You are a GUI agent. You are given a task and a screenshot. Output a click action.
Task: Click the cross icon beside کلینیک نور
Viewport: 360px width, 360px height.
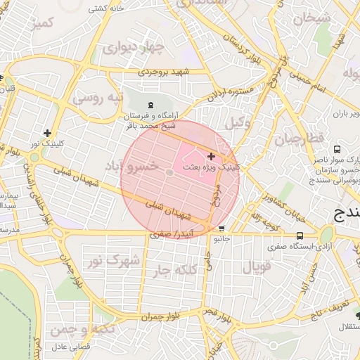47,133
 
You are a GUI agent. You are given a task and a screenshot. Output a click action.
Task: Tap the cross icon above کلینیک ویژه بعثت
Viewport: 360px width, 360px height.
212,155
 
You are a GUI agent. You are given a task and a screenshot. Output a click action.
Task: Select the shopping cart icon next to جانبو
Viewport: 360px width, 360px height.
222,229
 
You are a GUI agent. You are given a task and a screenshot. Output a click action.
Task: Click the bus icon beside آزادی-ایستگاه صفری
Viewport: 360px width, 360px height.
300,236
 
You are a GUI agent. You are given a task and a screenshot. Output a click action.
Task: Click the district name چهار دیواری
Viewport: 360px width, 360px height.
132,49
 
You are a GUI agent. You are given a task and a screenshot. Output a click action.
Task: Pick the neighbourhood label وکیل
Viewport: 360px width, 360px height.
238,123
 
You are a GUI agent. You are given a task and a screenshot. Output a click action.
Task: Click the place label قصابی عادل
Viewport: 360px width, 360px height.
68,347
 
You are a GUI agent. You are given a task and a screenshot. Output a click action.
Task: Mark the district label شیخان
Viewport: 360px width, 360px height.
311,18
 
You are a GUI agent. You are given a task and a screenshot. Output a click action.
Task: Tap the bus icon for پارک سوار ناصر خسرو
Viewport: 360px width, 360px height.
337,149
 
